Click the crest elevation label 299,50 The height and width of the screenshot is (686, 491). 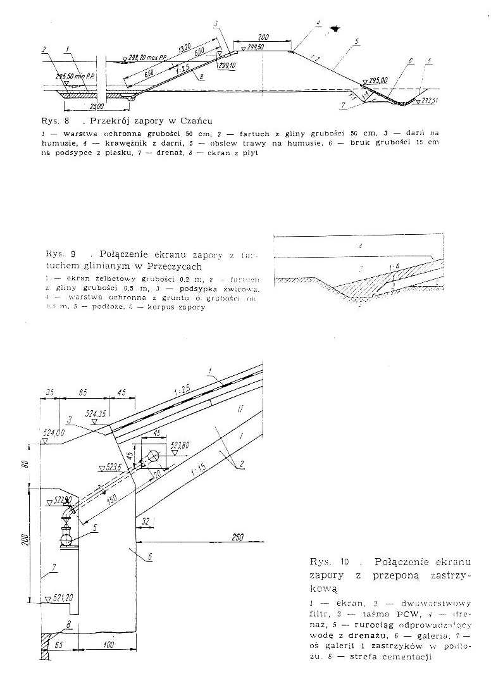(x=254, y=46)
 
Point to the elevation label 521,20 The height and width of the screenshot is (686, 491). (x=64, y=597)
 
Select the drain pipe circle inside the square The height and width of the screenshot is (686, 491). (x=154, y=457)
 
